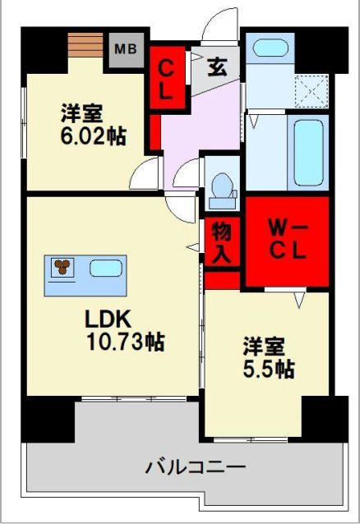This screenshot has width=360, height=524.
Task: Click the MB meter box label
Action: (125, 49)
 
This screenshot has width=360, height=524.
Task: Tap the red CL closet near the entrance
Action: (166, 78)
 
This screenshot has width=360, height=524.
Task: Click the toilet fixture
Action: (220, 191)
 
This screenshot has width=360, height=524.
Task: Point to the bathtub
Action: (308, 152)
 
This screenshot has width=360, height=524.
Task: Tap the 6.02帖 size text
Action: (93, 136)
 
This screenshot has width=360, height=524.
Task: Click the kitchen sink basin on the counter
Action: (105, 268)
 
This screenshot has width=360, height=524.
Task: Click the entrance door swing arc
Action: (215, 25)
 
